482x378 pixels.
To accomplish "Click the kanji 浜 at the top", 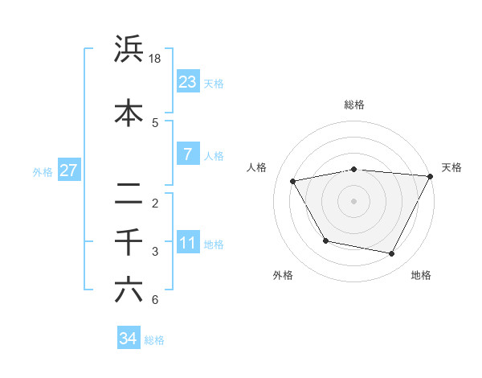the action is pyautogui.click(x=129, y=50).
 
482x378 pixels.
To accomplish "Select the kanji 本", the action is pyautogui.click(x=129, y=113).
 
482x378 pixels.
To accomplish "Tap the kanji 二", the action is pyautogui.click(x=129, y=193).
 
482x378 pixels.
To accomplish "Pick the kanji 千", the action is pyautogui.click(x=129, y=242).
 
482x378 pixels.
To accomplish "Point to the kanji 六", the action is pyautogui.click(x=129, y=290).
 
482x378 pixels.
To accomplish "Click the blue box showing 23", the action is pyautogui.click(x=188, y=81).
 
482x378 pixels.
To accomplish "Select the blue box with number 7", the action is pyautogui.click(x=188, y=154).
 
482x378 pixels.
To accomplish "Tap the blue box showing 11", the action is pyautogui.click(x=188, y=242).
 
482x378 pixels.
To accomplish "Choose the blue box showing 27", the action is pyautogui.click(x=68, y=170).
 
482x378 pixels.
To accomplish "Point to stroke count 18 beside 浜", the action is pyautogui.click(x=156, y=59).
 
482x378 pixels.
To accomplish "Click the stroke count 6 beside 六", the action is pyautogui.click(x=155, y=300).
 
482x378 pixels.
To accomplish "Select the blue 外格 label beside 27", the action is pyautogui.click(x=42, y=171).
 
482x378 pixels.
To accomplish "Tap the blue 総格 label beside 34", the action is pyautogui.click(x=154, y=340).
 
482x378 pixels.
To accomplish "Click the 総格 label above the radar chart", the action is pyautogui.click(x=353, y=105).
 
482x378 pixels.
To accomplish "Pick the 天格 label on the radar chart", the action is pyautogui.click(x=451, y=167).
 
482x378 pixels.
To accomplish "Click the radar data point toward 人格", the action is pyautogui.click(x=293, y=182).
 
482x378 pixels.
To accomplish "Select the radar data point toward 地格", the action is pyautogui.click(x=392, y=254).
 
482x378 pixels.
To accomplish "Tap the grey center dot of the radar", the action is pyautogui.click(x=353, y=201).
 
